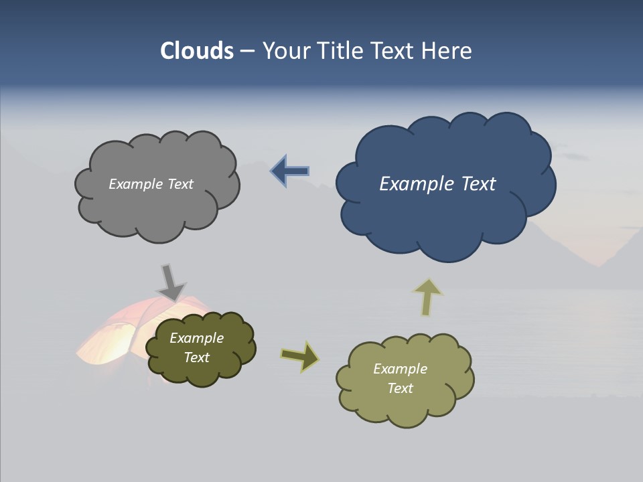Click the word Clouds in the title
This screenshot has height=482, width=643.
pos(196,51)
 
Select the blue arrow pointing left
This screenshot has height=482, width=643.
pos(289,171)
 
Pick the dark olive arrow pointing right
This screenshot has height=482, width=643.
pos(300,357)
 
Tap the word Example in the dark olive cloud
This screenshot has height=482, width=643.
pos(196,338)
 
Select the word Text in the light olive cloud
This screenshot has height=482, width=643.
pos(400,388)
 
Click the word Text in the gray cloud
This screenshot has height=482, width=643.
pos(180,184)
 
